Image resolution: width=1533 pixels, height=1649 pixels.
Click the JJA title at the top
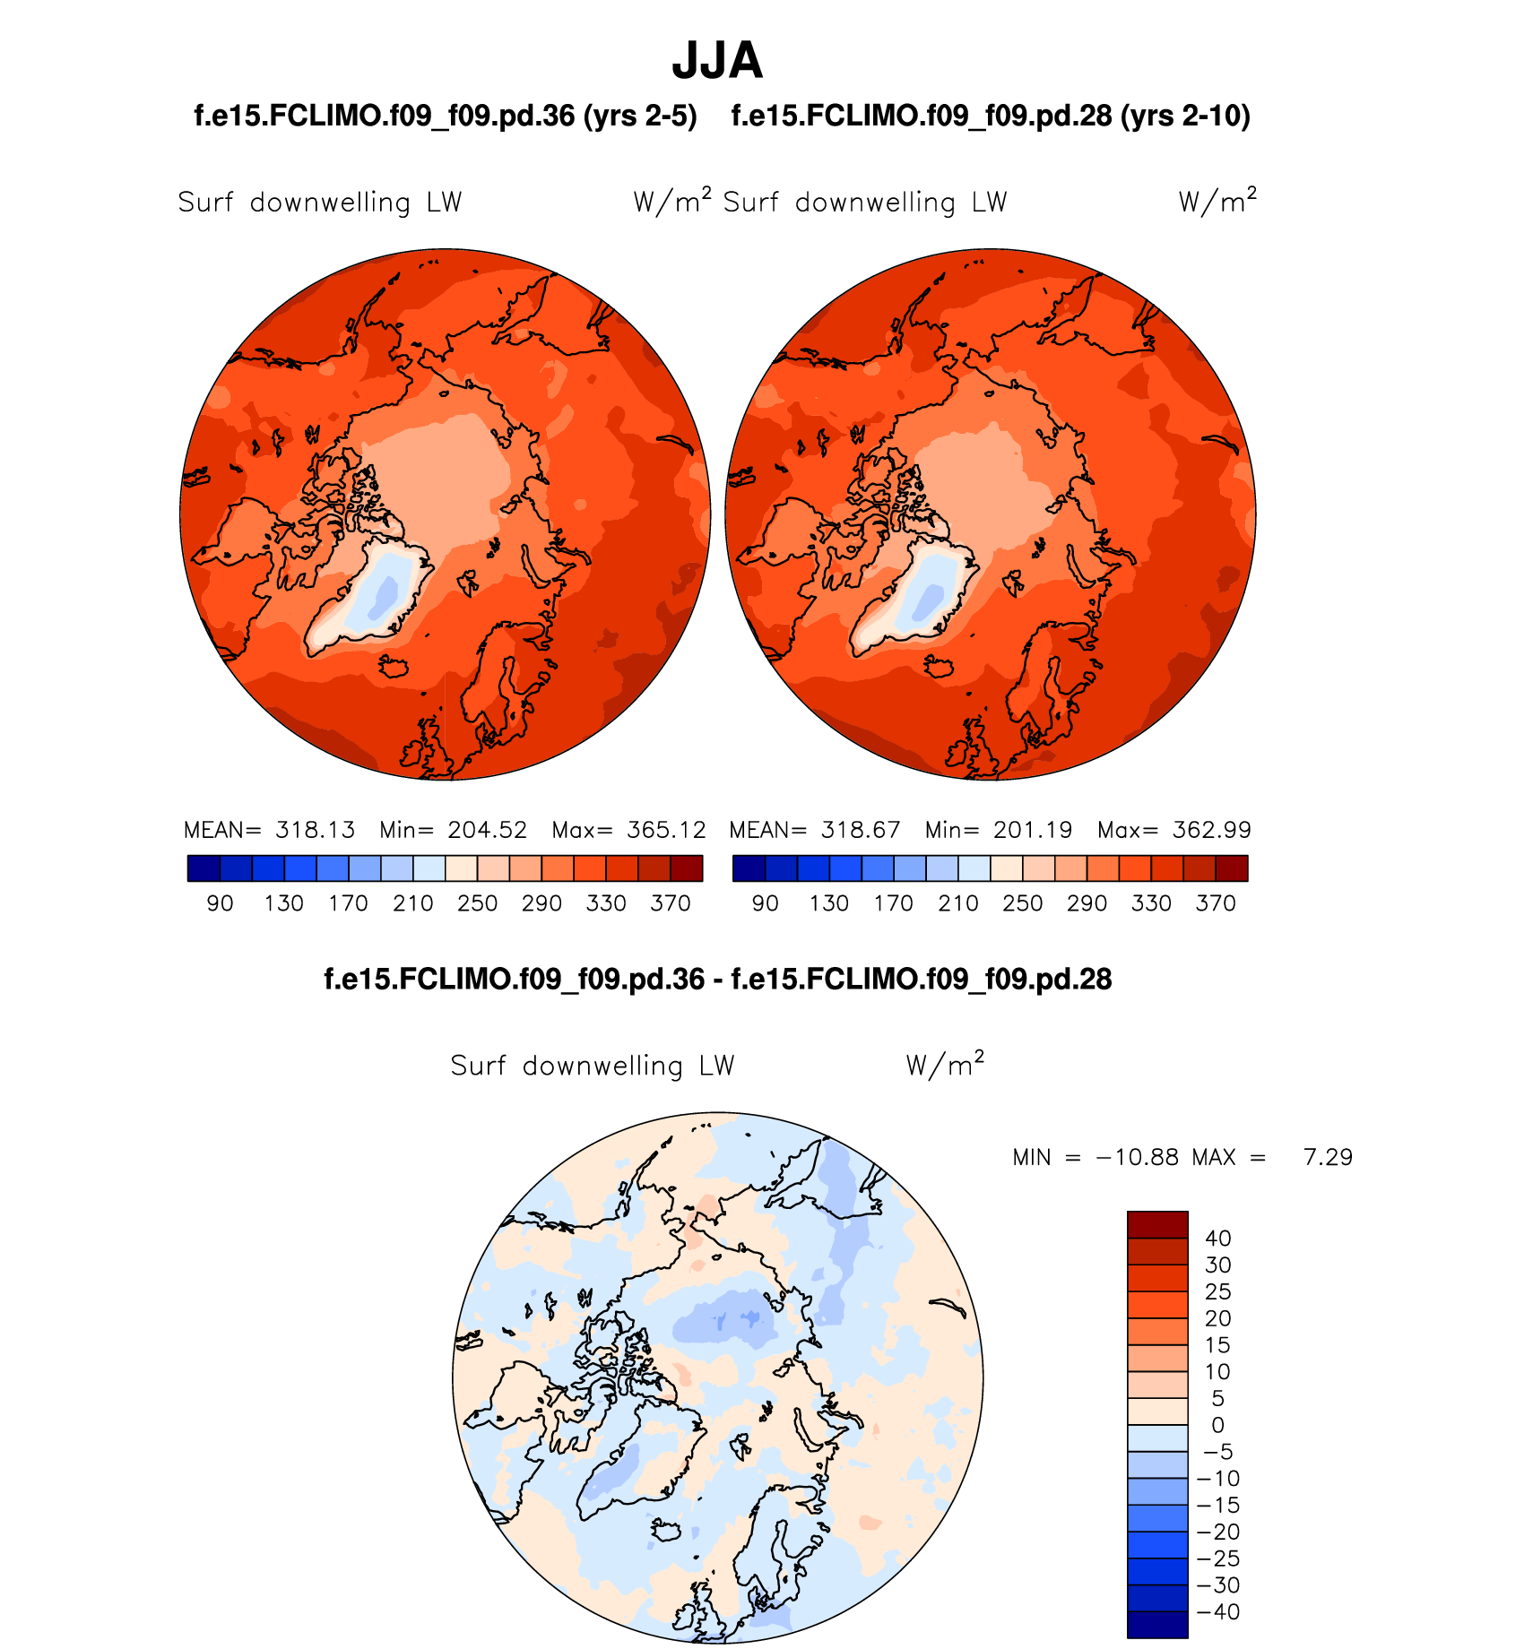716,61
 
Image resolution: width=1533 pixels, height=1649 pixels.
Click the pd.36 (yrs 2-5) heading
446,116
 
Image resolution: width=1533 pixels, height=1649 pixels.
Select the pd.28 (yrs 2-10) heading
991,116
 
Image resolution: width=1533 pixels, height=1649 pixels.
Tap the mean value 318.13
315,830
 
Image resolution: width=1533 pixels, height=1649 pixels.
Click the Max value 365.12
666,830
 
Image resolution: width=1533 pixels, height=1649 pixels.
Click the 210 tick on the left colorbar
413,903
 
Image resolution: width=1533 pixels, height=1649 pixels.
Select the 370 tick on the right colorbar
1216,903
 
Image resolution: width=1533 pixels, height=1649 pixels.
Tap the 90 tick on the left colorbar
220,903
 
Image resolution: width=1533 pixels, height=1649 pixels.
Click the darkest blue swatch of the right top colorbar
749,868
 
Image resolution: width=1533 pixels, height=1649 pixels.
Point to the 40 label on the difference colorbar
1217,1239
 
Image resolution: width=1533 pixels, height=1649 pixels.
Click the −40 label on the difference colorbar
1218,1611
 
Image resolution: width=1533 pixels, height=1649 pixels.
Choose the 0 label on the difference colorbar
1217,1425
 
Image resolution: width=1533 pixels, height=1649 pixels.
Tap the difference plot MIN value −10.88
1137,1158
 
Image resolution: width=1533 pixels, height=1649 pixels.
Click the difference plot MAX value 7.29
1328,1158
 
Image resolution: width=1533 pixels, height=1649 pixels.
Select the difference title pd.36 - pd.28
717,979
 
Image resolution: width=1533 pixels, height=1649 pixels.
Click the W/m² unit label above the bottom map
945,1065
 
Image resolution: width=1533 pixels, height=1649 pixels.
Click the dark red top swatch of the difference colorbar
1157,1224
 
